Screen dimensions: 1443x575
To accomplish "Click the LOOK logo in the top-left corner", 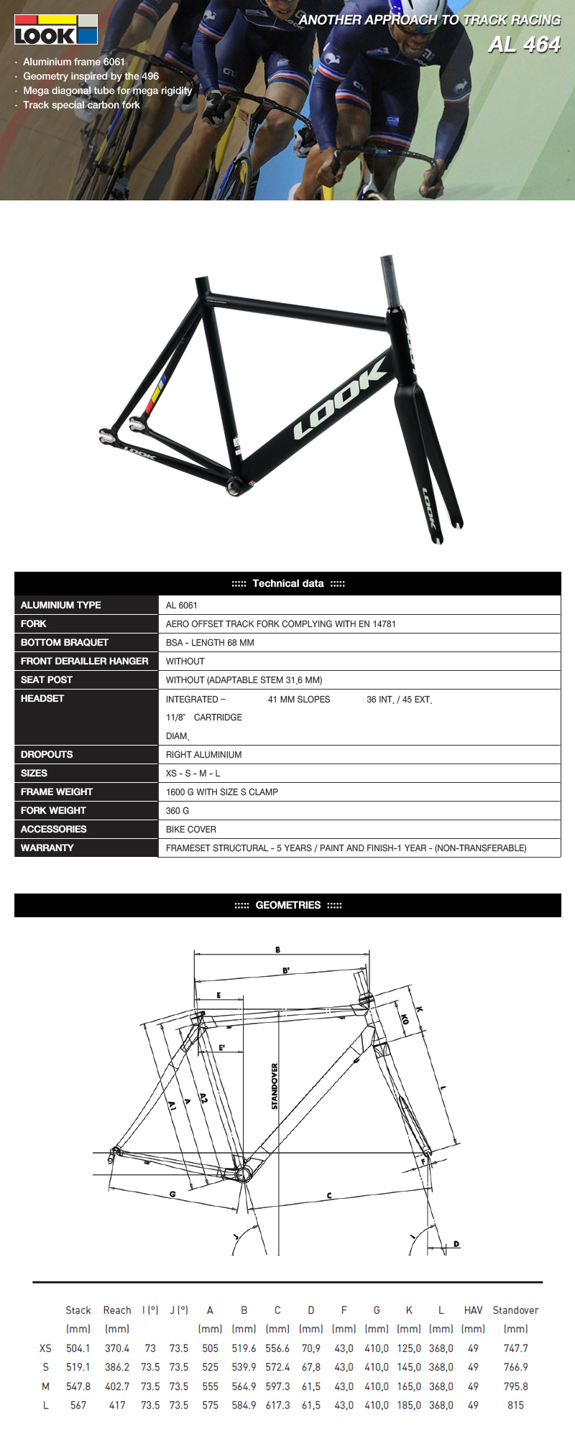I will coord(55,29).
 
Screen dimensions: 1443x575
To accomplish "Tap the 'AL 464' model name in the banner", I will coord(524,45).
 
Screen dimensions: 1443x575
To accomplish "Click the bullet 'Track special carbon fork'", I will coord(81,105).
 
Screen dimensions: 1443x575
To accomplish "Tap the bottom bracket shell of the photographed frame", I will coord(234,486).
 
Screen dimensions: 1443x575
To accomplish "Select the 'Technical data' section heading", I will coord(287,583).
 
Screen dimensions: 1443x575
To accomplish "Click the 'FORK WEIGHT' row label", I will coord(53,810).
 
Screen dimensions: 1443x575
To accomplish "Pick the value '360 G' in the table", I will coord(178,810).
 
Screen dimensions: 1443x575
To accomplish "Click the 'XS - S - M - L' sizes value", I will coord(193,773).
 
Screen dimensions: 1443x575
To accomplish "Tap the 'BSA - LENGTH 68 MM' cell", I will coord(210,642).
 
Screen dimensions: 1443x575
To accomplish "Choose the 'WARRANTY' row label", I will coord(47,848).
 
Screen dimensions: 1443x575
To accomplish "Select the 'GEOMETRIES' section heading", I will coord(287,905).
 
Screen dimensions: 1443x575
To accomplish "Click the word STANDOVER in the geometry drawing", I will coord(275,1086).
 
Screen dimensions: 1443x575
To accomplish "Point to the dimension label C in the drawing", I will coord(329,1196).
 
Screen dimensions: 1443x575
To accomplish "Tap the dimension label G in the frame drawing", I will coord(172,1194).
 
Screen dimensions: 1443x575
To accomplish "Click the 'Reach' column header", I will coord(117,1310).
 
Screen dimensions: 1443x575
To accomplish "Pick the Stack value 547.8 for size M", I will coord(78,1386).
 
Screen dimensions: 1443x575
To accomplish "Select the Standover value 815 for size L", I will coord(515,1405).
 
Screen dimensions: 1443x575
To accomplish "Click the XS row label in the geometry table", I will coord(45,1348).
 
